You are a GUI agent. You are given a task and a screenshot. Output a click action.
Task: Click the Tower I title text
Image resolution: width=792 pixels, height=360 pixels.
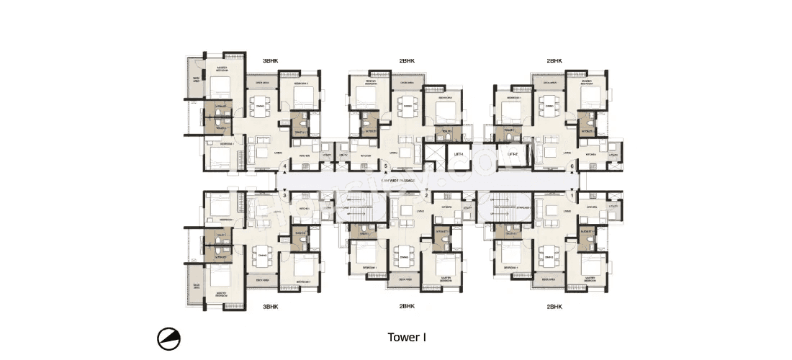[408, 337]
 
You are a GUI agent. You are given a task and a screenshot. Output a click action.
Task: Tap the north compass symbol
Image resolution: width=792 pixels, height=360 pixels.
[169, 338]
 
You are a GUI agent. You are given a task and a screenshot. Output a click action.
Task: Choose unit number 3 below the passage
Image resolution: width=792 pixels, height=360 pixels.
[285, 195]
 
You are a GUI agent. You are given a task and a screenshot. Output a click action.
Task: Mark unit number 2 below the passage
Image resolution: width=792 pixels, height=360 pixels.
[426, 195]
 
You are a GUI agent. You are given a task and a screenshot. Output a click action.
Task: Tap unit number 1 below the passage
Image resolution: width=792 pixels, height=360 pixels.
[573, 195]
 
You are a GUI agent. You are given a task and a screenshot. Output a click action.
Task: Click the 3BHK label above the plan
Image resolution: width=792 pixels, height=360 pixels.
[270, 62]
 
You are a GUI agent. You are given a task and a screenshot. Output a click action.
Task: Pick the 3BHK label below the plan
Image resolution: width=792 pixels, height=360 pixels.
[270, 306]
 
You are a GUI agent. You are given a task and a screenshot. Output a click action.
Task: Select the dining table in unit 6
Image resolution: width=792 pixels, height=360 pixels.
[549, 107]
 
